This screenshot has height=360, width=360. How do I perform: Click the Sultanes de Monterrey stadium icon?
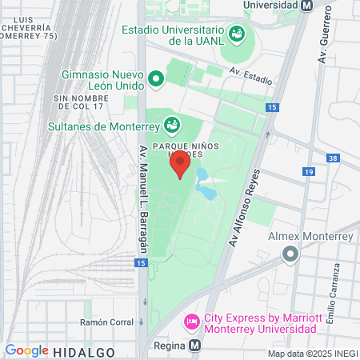click(171, 125)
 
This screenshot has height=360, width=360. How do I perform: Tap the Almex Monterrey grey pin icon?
click(290, 254)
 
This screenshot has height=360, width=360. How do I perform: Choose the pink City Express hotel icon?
click(192, 322)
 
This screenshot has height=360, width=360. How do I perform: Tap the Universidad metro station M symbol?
click(306, 5)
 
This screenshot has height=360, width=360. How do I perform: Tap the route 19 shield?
click(309, 171)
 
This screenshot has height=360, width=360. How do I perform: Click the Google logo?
click(26, 350)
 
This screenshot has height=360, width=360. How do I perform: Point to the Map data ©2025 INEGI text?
click(311, 354)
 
